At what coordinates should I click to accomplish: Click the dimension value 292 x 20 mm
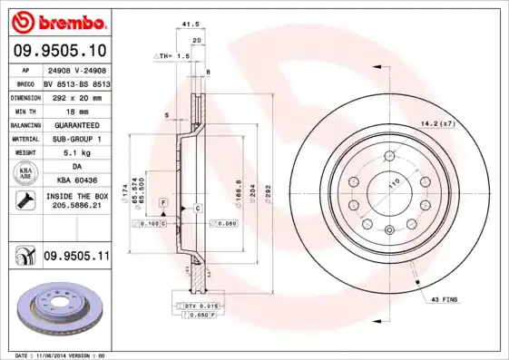click(75, 95)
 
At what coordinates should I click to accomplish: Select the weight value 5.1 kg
click(75, 153)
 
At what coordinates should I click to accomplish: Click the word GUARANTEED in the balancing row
click(75, 124)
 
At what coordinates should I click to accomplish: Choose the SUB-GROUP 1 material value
click(75, 139)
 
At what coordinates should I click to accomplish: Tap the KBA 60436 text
click(75, 181)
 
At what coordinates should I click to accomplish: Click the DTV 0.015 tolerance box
click(203, 307)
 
